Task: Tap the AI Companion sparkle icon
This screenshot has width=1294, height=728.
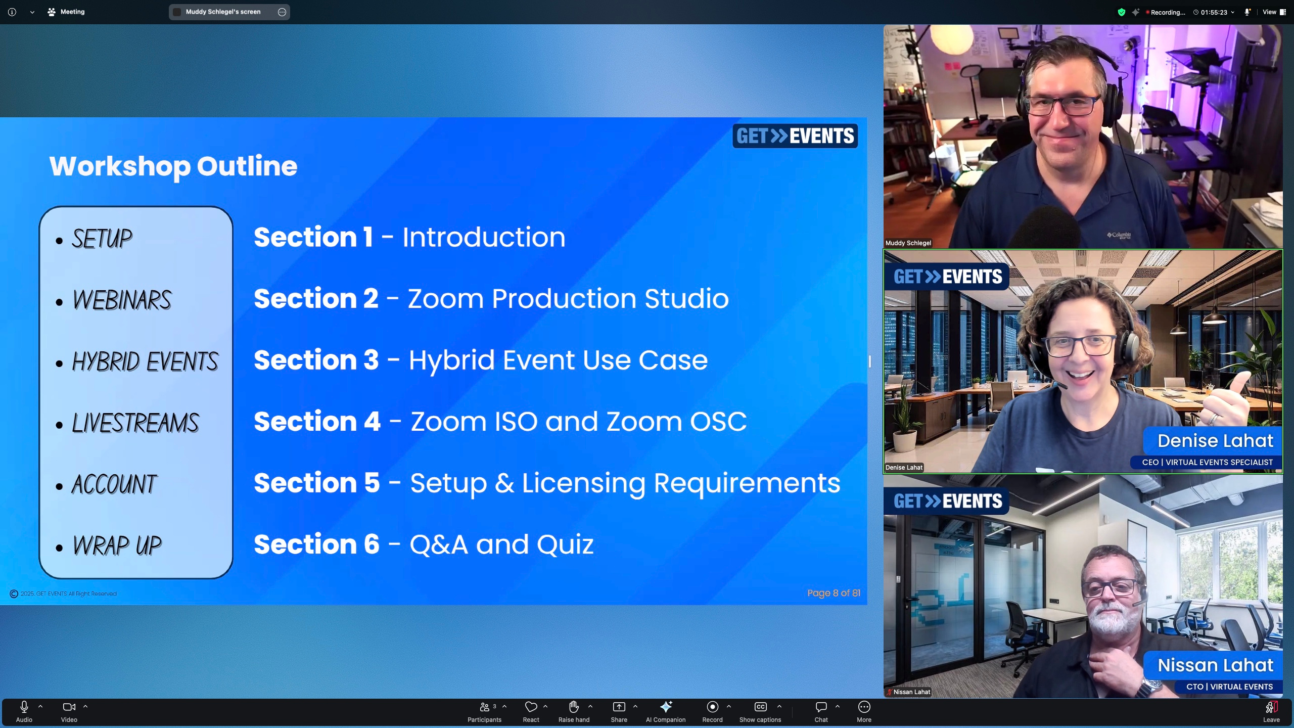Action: click(666, 707)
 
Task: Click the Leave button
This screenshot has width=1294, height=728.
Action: click(1271, 711)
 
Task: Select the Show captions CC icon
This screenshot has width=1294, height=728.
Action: click(760, 707)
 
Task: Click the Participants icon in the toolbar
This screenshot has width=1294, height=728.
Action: click(484, 707)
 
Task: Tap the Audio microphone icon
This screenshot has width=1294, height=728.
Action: click(24, 707)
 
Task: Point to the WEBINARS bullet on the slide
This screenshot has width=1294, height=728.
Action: click(121, 300)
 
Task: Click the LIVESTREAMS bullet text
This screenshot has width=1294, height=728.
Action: click(135, 423)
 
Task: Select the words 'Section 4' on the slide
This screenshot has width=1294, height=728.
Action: click(317, 421)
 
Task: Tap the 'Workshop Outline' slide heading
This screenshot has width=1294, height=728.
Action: click(173, 166)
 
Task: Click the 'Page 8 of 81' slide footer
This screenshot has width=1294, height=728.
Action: click(834, 593)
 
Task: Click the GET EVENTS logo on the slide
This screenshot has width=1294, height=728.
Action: click(795, 136)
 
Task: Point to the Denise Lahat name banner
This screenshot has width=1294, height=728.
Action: click(1215, 441)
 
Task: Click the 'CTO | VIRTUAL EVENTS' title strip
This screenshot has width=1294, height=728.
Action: click(1229, 687)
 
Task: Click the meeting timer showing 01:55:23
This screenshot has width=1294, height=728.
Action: click(1214, 12)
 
